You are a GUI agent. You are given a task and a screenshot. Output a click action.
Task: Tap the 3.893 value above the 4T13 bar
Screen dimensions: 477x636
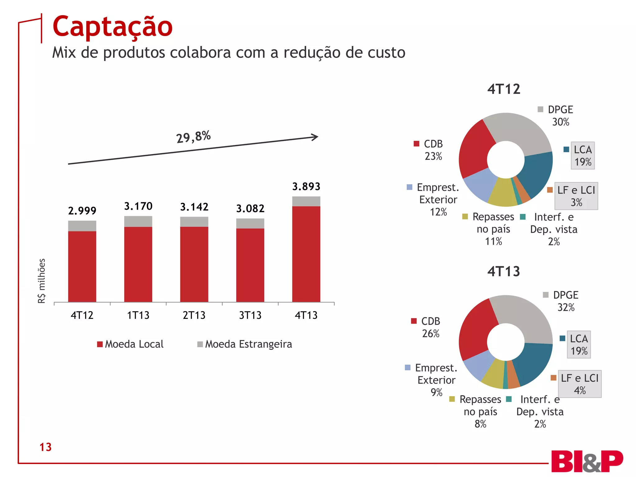click(x=306, y=186)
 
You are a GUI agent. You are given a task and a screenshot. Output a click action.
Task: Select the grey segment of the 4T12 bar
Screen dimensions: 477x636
click(x=82, y=226)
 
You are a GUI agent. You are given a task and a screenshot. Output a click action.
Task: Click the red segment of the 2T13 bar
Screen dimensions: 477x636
click(x=194, y=264)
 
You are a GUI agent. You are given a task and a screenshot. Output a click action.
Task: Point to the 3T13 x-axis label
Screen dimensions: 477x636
click(x=250, y=315)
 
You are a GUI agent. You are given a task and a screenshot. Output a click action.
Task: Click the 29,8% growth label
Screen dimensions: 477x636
click(x=193, y=137)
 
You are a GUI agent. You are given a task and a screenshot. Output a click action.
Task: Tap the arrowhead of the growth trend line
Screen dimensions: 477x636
click(x=315, y=137)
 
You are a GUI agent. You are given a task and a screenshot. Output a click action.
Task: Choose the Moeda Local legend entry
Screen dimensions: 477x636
click(x=130, y=344)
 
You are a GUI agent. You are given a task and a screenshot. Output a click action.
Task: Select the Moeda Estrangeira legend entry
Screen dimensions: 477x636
click(x=245, y=344)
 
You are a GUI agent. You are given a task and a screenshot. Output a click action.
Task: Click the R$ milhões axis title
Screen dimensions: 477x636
click(x=42, y=281)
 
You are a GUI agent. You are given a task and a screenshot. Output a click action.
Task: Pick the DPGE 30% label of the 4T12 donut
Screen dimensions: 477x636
click(x=560, y=116)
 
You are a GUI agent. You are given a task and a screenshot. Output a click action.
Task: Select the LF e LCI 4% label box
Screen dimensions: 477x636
click(x=579, y=384)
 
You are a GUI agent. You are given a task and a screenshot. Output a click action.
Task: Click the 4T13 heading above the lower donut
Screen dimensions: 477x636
click(x=503, y=271)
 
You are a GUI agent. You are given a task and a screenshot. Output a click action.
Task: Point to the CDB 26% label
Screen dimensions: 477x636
click(x=430, y=327)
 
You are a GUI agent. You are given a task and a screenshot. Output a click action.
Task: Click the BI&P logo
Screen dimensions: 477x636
click(x=587, y=461)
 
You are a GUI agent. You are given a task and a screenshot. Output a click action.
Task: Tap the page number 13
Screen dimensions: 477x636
click(x=45, y=447)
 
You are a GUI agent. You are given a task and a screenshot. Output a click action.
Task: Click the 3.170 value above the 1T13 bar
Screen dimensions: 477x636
click(x=138, y=206)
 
